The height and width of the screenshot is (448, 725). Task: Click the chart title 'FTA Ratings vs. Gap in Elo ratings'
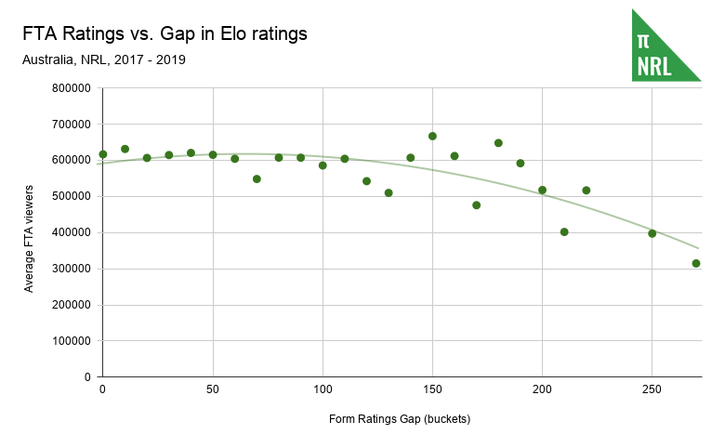[165, 34]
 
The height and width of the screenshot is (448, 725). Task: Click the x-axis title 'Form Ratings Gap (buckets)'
[400, 418]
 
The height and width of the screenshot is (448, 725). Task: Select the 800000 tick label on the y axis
[71, 88]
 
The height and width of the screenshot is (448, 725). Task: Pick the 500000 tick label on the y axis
[71, 197]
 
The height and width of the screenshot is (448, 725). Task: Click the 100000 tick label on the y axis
[71, 341]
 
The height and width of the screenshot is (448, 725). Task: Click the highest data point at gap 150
[432, 136]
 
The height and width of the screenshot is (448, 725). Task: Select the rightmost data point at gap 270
[696, 263]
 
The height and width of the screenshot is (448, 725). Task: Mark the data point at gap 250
[652, 233]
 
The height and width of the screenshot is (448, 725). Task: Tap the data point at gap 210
[564, 231]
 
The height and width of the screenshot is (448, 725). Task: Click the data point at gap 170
[476, 204]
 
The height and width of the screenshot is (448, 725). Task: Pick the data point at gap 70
[257, 178]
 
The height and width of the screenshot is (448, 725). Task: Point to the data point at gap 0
[103, 154]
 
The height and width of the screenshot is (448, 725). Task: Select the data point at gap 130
[389, 192]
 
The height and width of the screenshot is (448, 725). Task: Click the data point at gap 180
[498, 143]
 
